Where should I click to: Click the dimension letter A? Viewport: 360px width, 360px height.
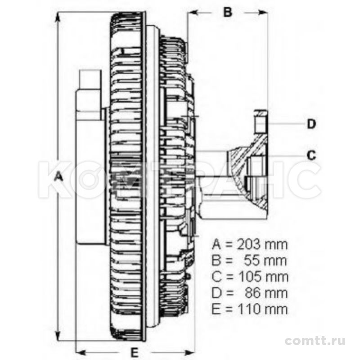pos(59,177)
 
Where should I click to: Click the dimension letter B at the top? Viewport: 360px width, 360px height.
pos(228,12)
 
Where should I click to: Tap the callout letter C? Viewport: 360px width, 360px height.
pos(311,155)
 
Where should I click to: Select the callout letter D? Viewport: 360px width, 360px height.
pos(311,124)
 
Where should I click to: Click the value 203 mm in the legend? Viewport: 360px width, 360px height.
pos(262,244)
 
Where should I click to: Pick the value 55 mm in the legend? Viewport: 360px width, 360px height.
pos(265,261)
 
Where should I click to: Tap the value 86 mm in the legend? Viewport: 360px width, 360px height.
pos(266,293)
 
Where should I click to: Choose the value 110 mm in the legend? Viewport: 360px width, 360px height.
pos(263,309)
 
